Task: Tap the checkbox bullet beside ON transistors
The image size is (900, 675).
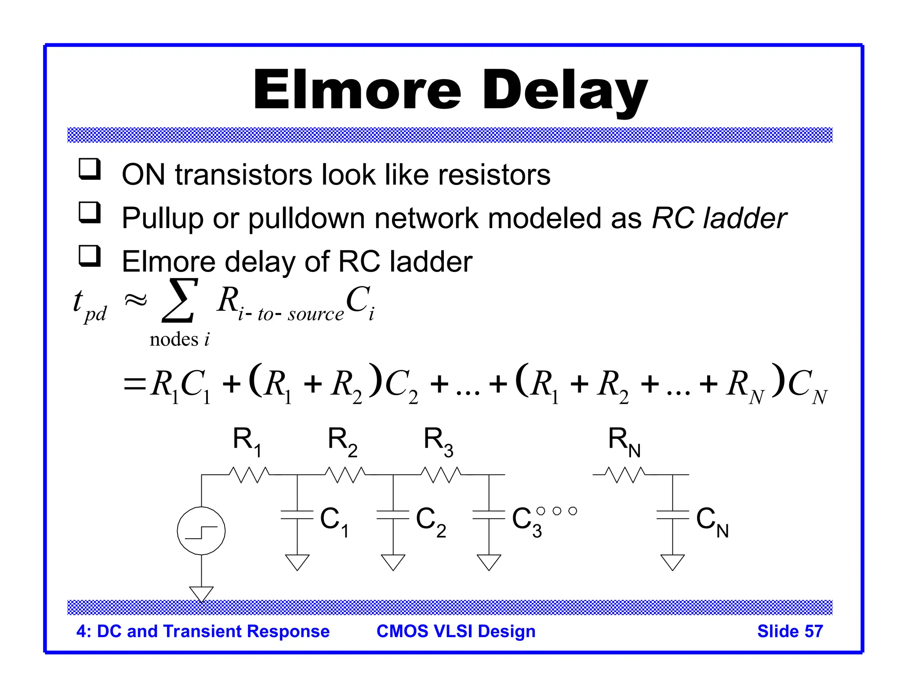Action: (90, 170)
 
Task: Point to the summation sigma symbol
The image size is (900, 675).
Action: (179, 301)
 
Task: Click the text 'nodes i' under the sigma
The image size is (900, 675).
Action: (179, 339)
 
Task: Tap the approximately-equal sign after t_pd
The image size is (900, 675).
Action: (136, 301)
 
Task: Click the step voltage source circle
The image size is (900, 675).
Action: (201, 531)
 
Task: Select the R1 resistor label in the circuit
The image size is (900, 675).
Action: (247, 441)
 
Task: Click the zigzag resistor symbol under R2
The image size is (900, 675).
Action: (345, 475)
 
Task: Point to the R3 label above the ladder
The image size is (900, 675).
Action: (438, 441)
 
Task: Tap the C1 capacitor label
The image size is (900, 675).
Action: (334, 521)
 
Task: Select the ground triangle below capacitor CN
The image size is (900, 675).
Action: (672, 562)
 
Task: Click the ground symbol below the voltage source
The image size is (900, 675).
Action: (201, 593)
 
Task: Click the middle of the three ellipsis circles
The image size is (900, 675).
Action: (557, 511)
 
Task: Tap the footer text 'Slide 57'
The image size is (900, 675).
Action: (790, 631)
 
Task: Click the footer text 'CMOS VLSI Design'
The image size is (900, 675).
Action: (456, 631)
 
